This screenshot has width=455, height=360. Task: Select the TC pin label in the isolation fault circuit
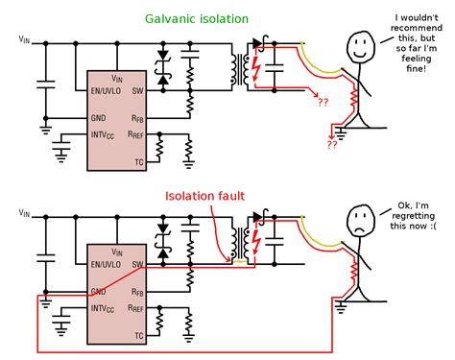pyautogui.click(x=139, y=336)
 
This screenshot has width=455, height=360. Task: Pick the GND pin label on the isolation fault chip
pyautogui.click(x=99, y=291)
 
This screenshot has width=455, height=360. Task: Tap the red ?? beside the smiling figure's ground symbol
pyautogui.click(x=331, y=146)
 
